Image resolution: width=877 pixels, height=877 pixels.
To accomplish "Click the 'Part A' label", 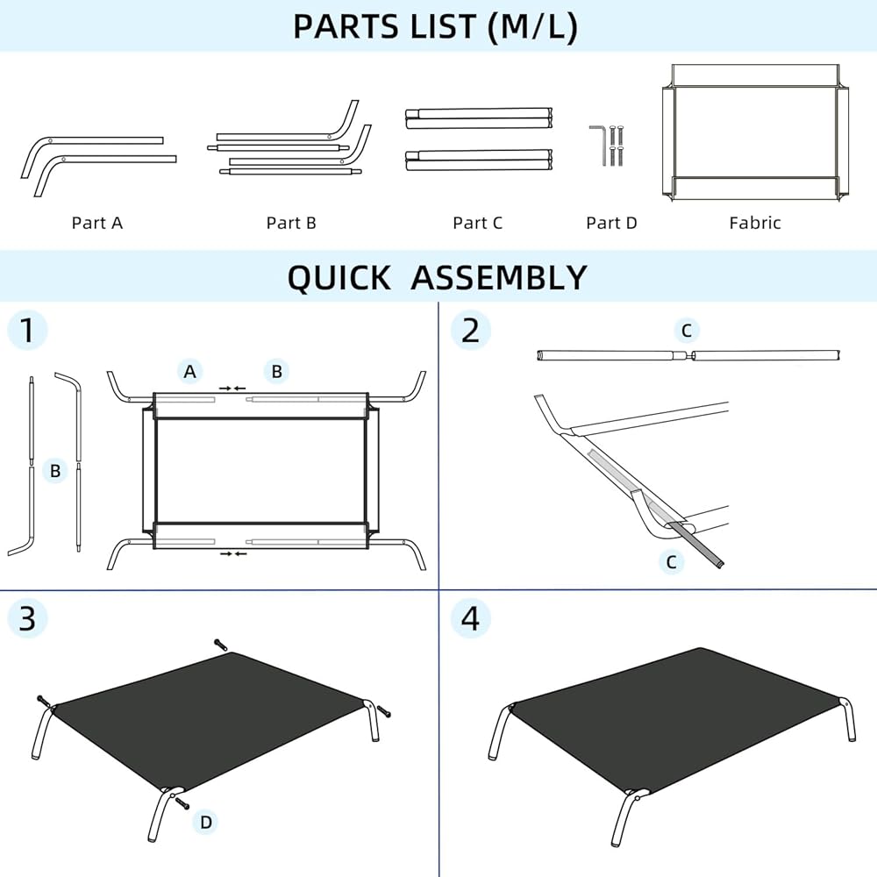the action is [96, 223].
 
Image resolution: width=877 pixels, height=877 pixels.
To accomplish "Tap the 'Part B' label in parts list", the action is [291, 223].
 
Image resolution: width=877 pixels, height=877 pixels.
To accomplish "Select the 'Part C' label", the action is [478, 223].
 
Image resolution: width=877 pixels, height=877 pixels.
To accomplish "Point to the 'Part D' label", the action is [611, 223].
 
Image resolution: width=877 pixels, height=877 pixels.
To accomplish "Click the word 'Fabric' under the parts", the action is [754, 223].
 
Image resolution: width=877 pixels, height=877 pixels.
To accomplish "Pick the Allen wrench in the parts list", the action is [597, 145].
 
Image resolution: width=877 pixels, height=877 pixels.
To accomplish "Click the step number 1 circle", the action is [27, 330].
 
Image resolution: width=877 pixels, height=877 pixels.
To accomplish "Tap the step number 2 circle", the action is [470, 330].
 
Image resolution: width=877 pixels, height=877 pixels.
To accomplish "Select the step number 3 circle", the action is [27, 618].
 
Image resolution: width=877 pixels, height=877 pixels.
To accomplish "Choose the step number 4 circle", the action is [470, 618].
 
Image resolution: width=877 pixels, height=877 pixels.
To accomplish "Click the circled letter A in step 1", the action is [190, 371].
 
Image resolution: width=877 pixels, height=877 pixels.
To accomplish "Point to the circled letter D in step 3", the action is [206, 823].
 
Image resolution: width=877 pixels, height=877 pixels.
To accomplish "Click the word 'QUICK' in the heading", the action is [339, 277].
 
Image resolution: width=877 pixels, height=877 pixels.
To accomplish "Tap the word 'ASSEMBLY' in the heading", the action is [499, 277].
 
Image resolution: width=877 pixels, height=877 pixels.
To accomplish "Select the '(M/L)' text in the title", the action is [532, 27].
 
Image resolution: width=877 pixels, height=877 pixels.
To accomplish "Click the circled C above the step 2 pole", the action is [687, 330].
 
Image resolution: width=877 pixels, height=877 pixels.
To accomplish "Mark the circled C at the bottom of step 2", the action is [672, 561].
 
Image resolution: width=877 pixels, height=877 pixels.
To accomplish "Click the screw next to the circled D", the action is [182, 803].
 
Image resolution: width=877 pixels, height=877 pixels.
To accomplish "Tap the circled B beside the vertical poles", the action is [54, 470].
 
